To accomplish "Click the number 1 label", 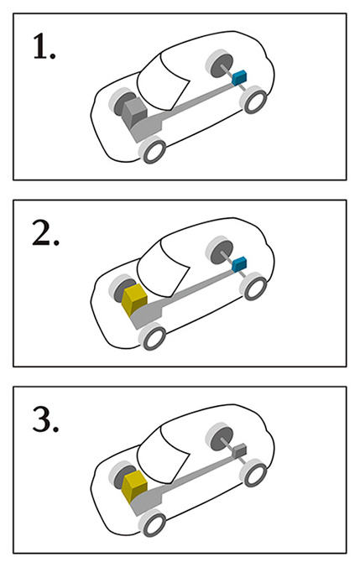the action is pyautogui.click(x=44, y=46).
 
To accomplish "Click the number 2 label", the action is pyautogui.click(x=45, y=233).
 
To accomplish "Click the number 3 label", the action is pyautogui.click(x=45, y=419).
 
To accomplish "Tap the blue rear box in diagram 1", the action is pyautogui.click(x=239, y=77).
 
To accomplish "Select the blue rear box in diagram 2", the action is pyautogui.click(x=239, y=264).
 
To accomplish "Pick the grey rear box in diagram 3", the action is pyautogui.click(x=239, y=450).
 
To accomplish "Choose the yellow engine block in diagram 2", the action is pyautogui.click(x=134, y=299).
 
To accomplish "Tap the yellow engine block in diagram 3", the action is pyautogui.click(x=134, y=486).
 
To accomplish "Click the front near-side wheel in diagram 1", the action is pyautogui.click(x=153, y=149).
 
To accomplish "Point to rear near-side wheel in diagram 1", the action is pyautogui.click(x=254, y=100).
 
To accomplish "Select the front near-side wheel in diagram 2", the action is pyautogui.click(x=153, y=336).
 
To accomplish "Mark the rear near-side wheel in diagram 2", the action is pyautogui.click(x=254, y=286).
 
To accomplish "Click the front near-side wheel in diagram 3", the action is pyautogui.click(x=153, y=523).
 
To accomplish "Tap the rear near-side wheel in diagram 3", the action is pyautogui.click(x=254, y=473).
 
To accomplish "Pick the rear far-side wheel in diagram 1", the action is pyautogui.click(x=220, y=65).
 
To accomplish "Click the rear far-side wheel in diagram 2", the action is pyautogui.click(x=220, y=252).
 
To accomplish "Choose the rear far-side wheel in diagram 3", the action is pyautogui.click(x=220, y=439).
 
